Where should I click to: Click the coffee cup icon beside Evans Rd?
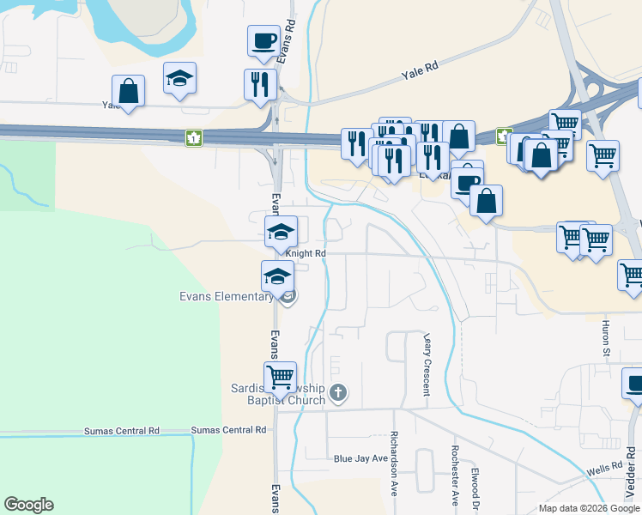(263, 40)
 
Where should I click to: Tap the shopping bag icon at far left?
(128, 90)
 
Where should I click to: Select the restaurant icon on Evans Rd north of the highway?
(260, 84)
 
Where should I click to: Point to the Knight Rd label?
(306, 254)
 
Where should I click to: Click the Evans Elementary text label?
(227, 297)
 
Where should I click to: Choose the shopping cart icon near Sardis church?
(281, 376)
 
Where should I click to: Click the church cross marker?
(338, 393)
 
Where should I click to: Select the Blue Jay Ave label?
(360, 458)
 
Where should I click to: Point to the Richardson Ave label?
(395, 463)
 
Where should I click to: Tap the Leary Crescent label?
(426, 364)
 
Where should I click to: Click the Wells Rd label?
(604, 470)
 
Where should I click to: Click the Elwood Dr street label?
(475, 486)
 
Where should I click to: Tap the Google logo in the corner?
(28, 505)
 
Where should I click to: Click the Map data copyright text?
(589, 508)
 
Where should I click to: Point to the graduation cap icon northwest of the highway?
(180, 77)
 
